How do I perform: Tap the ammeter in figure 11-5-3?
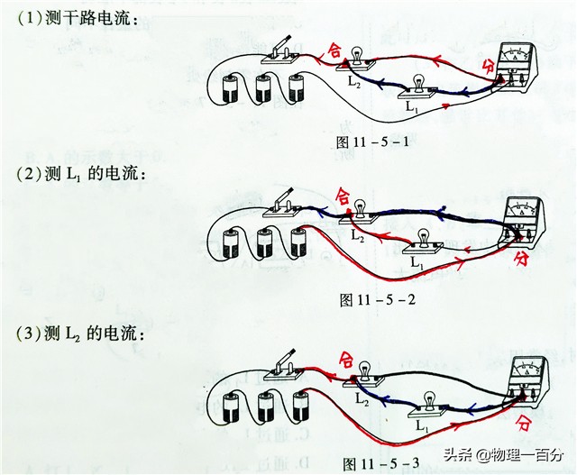(x=527, y=378)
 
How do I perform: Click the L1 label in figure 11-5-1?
(x=412, y=106)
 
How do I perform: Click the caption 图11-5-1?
(x=372, y=142)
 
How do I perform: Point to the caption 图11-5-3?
(x=381, y=464)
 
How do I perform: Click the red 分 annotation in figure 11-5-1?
(x=489, y=65)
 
